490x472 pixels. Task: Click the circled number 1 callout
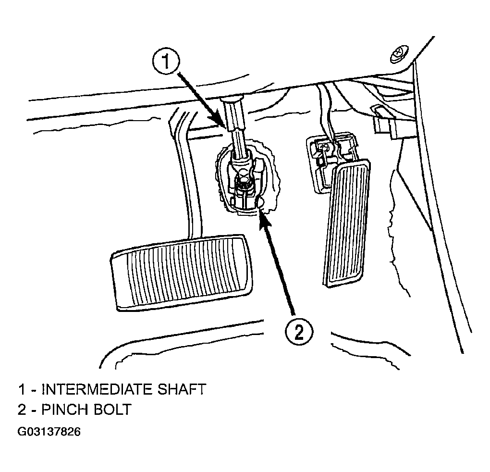(166, 61)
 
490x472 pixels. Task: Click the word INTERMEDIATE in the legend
(97, 389)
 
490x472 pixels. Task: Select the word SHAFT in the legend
(181, 389)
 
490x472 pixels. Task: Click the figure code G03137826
(49, 432)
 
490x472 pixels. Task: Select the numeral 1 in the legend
(22, 389)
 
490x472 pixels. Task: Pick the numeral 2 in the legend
(22, 409)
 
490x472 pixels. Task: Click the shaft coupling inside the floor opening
(244, 181)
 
